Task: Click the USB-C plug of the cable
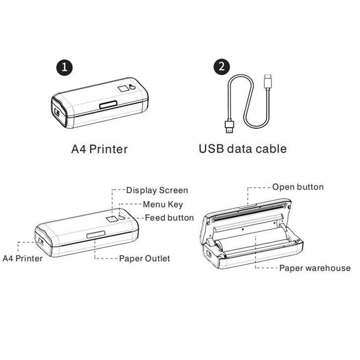point(268,81)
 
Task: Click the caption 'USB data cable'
point(243,148)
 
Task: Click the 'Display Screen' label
point(157,190)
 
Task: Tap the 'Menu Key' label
point(163,204)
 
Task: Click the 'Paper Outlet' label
point(144,258)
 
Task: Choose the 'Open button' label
point(298,187)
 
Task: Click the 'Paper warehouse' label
point(315,268)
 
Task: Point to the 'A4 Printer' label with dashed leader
point(23,258)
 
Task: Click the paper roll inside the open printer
point(248,243)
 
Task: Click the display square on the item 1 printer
point(122,88)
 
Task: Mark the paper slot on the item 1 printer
point(108,104)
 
